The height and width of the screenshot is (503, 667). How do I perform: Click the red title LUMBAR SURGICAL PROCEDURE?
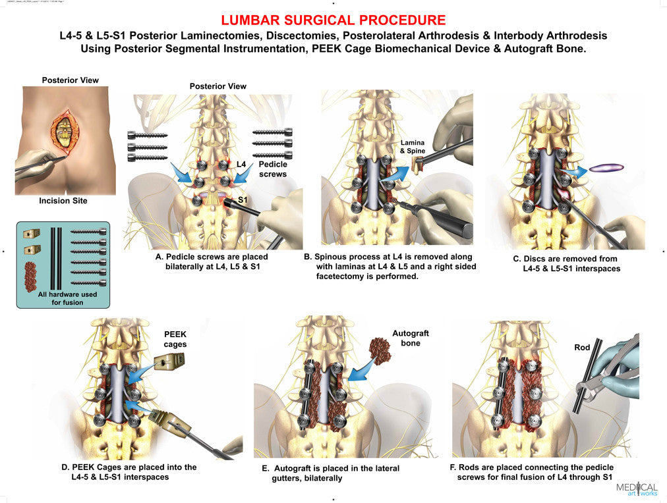pos(333,20)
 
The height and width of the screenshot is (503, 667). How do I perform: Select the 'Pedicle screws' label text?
pos(272,169)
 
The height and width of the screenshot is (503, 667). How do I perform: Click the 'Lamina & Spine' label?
pos(413,147)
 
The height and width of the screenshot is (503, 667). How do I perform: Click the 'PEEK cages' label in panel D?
pos(175,339)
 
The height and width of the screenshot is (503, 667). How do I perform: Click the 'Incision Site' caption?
pos(63,201)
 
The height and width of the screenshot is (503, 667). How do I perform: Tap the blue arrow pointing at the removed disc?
pos(574,172)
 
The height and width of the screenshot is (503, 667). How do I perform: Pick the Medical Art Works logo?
pos(636,489)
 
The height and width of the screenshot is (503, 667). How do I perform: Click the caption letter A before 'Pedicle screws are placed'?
pos(159,257)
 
